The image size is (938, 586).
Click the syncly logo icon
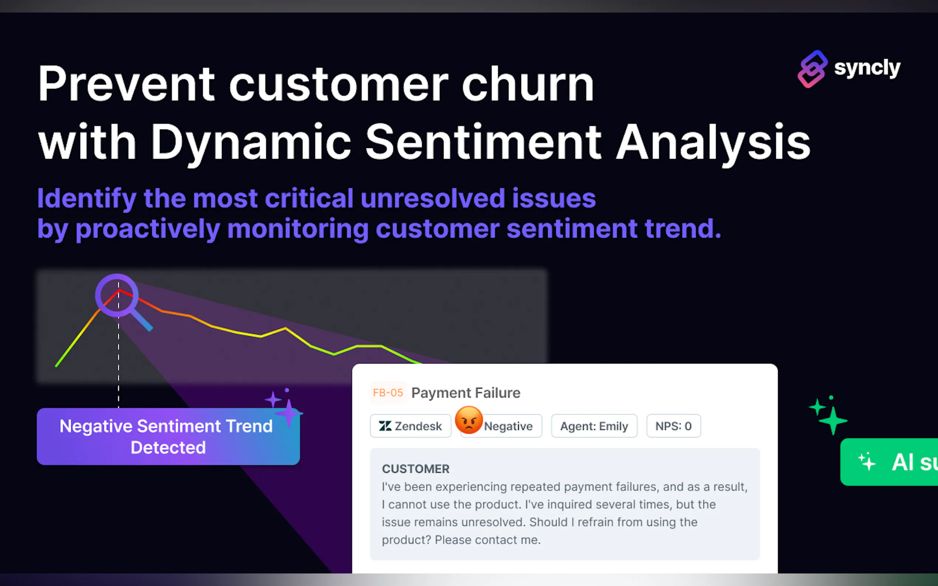point(812,69)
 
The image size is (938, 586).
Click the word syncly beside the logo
point(867,68)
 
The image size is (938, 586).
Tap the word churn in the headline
point(528,84)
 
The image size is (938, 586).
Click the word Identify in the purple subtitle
point(87,199)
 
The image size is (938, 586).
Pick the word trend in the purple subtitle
point(683,228)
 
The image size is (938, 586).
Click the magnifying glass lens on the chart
point(117,295)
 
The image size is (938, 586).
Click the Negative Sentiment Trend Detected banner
point(168,437)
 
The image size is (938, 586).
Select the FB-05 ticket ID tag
point(388,393)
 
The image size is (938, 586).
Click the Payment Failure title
point(466,393)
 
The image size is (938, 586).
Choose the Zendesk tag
point(411,426)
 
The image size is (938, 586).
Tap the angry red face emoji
point(469,420)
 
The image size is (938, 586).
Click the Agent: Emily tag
point(594,426)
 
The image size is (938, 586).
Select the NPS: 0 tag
point(674,426)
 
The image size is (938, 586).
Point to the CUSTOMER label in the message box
point(416,469)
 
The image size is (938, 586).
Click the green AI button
point(889,462)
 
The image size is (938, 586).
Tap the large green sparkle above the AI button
point(833,421)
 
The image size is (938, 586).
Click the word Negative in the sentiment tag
point(508,426)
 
